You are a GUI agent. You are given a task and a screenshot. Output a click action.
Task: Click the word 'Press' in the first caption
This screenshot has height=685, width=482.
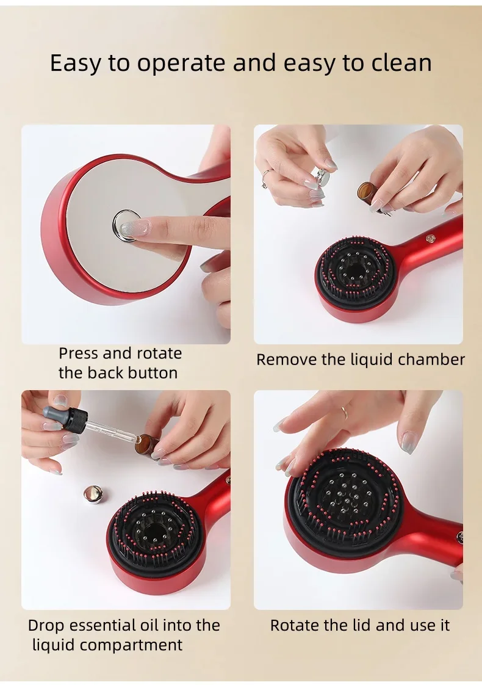pos(79,353)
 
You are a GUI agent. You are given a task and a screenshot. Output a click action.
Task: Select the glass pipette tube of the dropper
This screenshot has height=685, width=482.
pos(110,433)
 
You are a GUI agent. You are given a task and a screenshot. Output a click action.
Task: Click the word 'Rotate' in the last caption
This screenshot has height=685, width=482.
pos(295,626)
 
